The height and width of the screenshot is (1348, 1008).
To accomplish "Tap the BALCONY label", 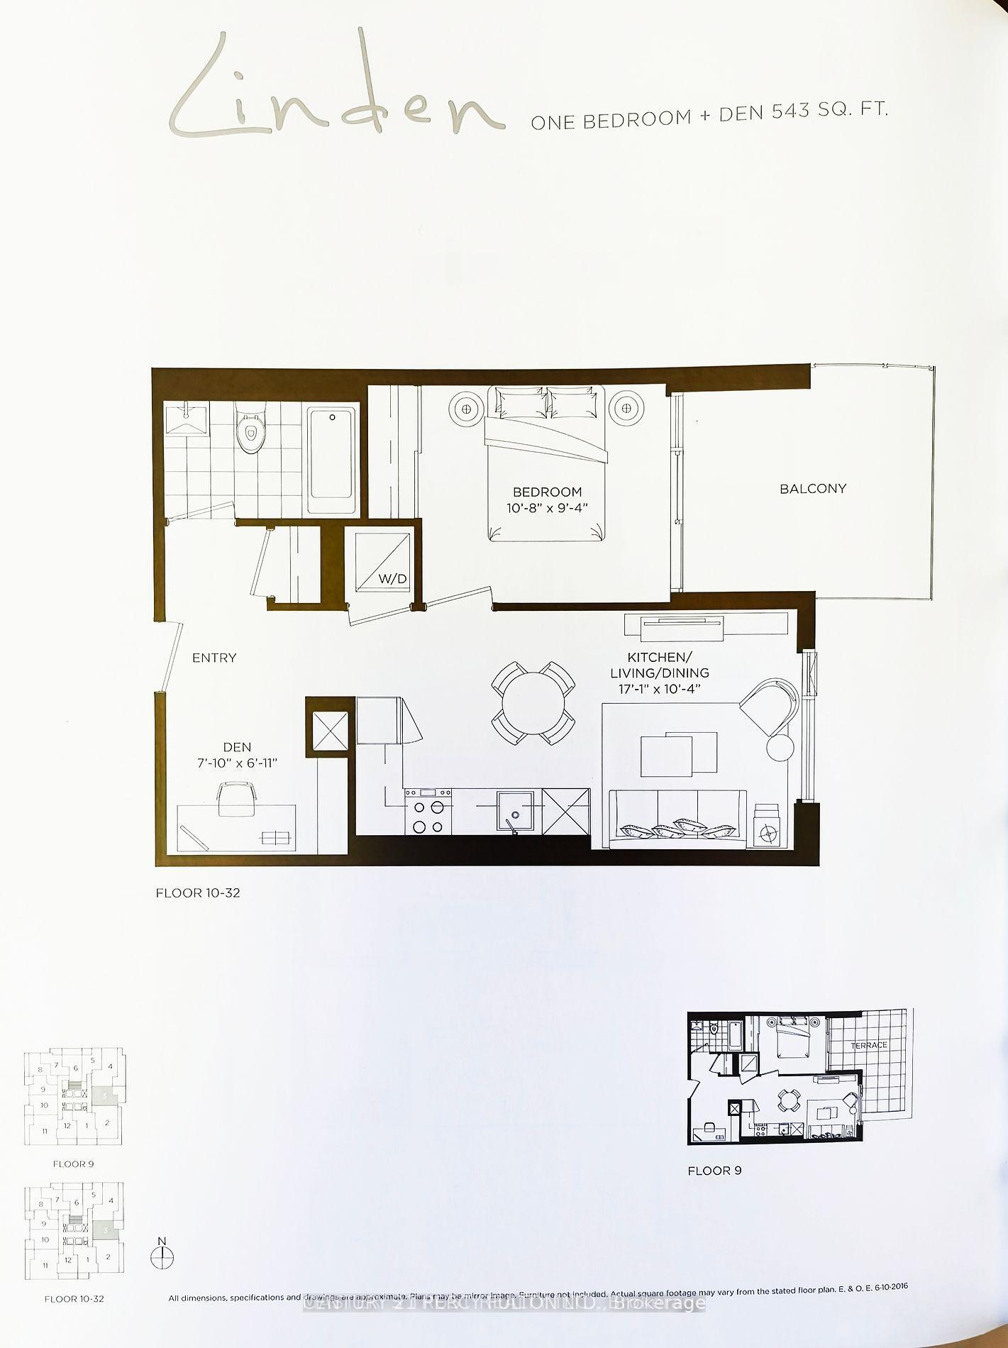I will pyautogui.click(x=812, y=488).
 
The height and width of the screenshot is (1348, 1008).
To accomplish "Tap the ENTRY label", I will pyautogui.click(x=214, y=658).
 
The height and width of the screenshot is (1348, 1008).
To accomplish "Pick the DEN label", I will pyautogui.click(x=237, y=747).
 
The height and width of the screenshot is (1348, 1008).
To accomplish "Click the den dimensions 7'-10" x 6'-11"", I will pyautogui.click(x=237, y=763).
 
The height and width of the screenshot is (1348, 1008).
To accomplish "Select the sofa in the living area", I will pyautogui.click(x=677, y=819).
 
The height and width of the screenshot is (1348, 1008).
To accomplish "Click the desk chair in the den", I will pyautogui.click(x=236, y=797).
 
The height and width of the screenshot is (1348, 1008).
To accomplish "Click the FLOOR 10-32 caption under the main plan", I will pyautogui.click(x=198, y=893).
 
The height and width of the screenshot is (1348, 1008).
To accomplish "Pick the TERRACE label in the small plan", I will pyautogui.click(x=868, y=1045).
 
